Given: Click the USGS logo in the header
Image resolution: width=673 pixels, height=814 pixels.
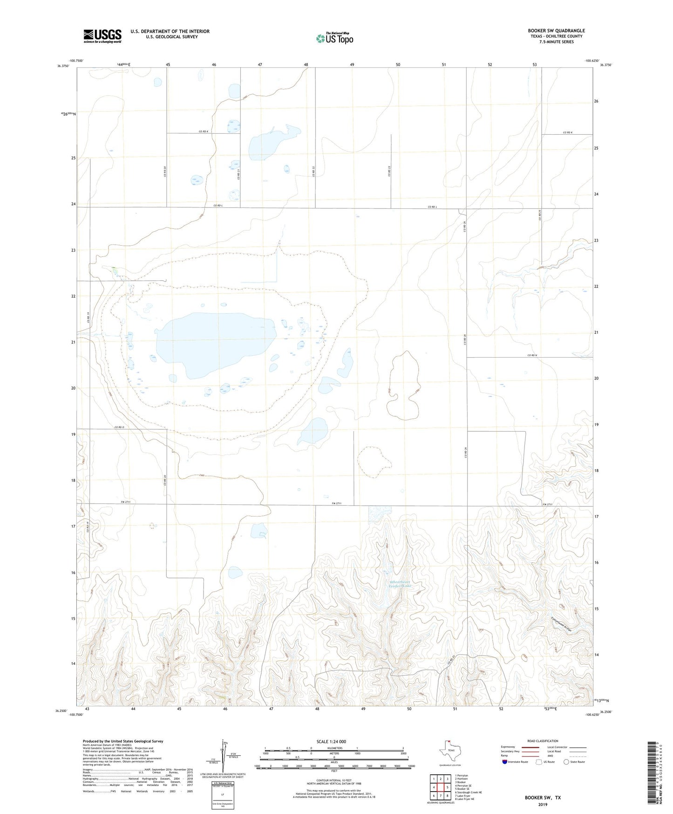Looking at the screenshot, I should pos(102,36).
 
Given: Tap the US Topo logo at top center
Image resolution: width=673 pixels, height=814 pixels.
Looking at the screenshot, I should pos(334,38).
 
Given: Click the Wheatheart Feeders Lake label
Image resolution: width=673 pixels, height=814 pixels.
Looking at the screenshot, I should pos(401,584).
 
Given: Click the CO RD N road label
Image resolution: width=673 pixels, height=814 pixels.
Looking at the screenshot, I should pos(532,355).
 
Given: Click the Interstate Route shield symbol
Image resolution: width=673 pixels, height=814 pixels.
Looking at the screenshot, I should pos(505,762).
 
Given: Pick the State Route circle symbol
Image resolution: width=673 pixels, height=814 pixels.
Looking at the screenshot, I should pos(566,762).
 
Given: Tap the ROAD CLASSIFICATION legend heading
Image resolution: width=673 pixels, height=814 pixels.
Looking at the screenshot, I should pos(543,741).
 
